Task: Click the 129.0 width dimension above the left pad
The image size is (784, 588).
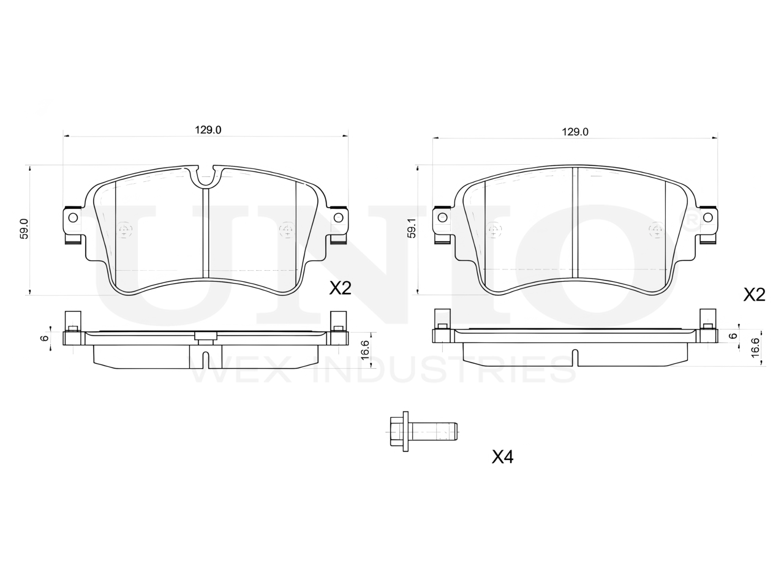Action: tap(208, 130)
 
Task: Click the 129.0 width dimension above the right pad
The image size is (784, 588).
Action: tap(575, 132)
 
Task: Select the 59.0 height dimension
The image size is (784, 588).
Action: tap(24, 229)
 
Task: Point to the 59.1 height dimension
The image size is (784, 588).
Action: tap(412, 229)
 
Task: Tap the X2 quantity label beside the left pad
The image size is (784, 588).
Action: tap(340, 288)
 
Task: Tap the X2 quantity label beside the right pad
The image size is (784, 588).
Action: tap(755, 295)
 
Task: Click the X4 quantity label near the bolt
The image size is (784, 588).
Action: tap(502, 457)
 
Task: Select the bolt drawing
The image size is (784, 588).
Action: tap(424, 432)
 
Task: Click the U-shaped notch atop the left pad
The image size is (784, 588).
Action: tap(205, 178)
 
